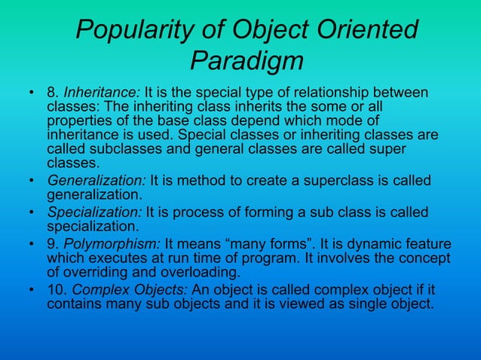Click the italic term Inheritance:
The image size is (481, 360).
click(x=97, y=94)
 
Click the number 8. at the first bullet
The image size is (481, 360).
click(x=53, y=94)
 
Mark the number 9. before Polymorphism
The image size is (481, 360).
click(x=53, y=245)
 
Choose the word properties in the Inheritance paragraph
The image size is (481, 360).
click(x=78, y=121)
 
